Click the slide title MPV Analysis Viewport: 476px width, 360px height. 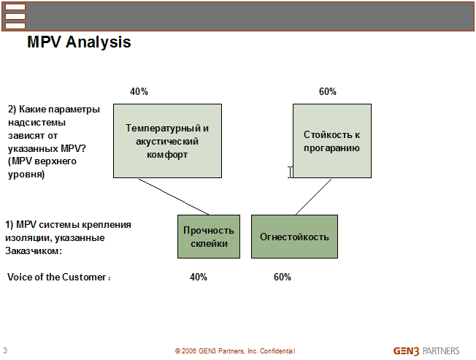[x=80, y=42]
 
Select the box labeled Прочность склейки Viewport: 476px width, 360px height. [x=209, y=237]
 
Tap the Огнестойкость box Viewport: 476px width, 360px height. [x=294, y=237]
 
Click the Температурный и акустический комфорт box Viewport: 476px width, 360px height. [x=168, y=141]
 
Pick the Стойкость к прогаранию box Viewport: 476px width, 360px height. [x=332, y=141]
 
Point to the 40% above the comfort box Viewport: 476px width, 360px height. [x=139, y=91]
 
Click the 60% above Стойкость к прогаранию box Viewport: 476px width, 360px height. [x=328, y=91]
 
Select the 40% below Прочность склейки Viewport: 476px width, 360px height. [x=199, y=277]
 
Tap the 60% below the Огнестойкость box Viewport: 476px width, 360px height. [x=283, y=277]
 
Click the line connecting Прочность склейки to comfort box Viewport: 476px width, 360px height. [x=174, y=196]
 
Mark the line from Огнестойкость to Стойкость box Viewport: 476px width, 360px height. [x=314, y=196]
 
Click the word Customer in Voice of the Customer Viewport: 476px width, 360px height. [x=84, y=277]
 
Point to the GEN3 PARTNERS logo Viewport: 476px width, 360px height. [x=426, y=351]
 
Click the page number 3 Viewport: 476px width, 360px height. [x=5, y=351]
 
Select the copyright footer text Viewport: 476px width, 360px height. [x=235, y=351]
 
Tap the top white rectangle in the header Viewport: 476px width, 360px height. [x=15, y=7]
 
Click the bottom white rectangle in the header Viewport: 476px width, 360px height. [x=15, y=26]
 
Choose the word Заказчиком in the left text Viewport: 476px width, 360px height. [x=34, y=250]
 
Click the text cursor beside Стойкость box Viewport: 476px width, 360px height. [x=291, y=172]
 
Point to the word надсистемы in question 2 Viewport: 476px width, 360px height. [x=37, y=123]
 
